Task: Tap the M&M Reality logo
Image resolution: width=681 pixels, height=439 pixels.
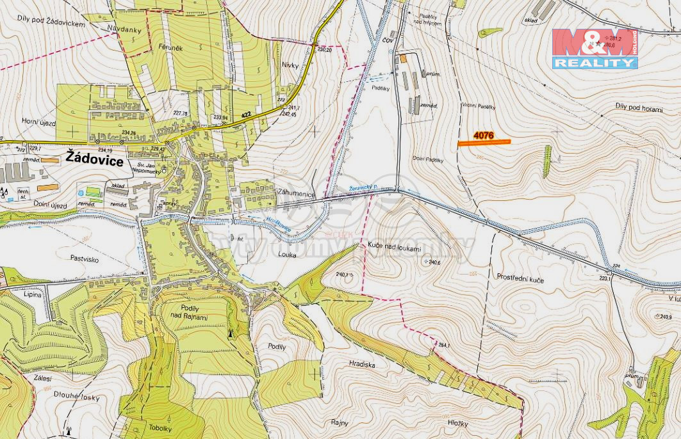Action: coord(595,49)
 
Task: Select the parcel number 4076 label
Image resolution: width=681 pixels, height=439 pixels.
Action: coord(483,135)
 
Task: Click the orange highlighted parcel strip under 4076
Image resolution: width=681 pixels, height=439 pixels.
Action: coord(484,142)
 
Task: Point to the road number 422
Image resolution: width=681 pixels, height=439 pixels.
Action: coord(245,115)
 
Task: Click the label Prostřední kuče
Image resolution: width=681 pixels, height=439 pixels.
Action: coord(520,277)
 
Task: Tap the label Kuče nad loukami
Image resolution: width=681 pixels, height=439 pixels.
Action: coord(395,246)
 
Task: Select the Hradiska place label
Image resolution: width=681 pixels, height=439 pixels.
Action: coord(363,364)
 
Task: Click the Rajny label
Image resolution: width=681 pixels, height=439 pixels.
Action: coord(340,422)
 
